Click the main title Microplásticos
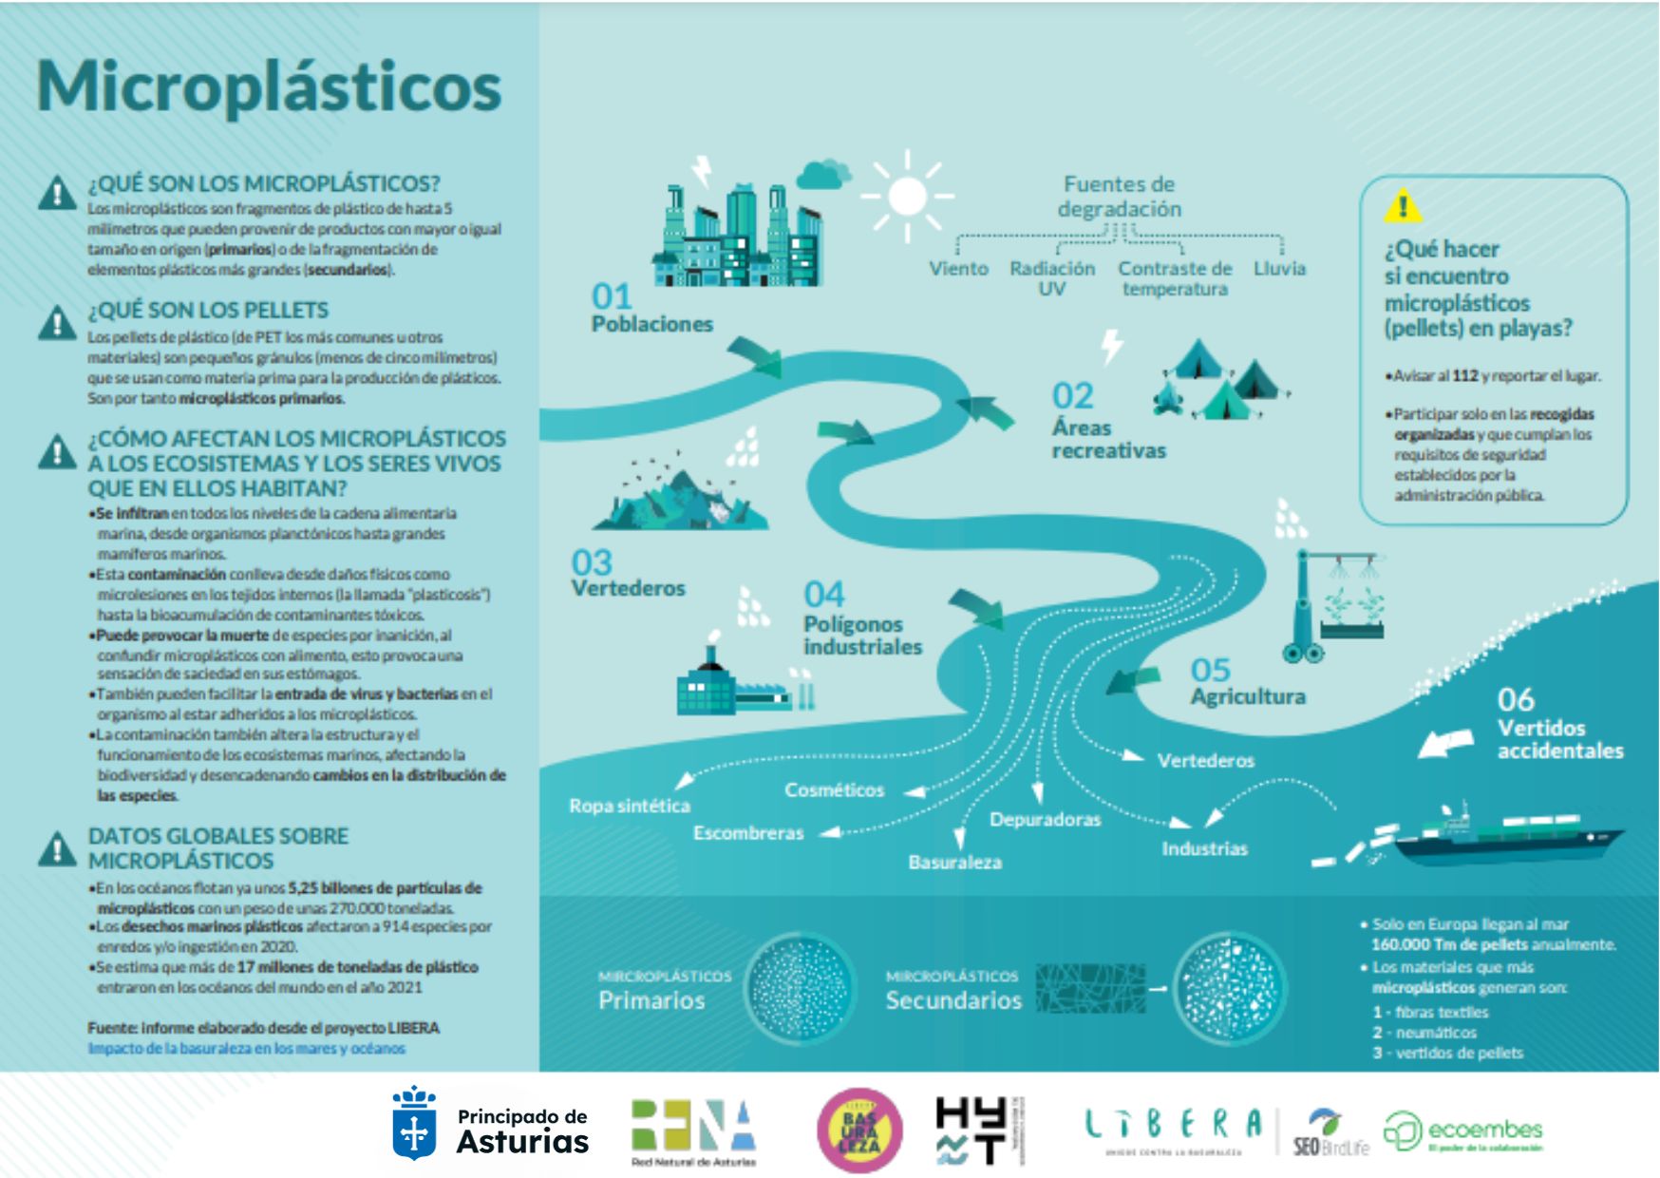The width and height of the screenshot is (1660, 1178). [269, 86]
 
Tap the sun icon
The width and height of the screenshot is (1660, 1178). [907, 197]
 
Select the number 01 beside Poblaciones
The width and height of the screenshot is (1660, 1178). [612, 296]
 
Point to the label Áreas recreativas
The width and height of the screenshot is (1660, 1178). [1108, 439]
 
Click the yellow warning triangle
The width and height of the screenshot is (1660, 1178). [1403, 205]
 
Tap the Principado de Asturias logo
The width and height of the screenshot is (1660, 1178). [491, 1128]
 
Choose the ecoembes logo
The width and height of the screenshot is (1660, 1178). [1463, 1131]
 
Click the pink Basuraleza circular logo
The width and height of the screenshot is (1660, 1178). [859, 1130]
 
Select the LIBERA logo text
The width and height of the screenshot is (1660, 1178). [1174, 1126]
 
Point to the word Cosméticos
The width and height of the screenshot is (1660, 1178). [834, 789]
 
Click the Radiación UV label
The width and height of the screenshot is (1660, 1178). [1052, 278]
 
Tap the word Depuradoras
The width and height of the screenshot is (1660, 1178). [1045, 819]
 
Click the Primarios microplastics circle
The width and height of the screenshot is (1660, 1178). [799, 989]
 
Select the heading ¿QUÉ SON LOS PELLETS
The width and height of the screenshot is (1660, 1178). [208, 311]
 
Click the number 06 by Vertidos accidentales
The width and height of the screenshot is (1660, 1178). [1516, 700]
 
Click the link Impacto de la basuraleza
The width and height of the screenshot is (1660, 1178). [247, 1049]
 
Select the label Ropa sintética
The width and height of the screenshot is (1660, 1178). [630, 806]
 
